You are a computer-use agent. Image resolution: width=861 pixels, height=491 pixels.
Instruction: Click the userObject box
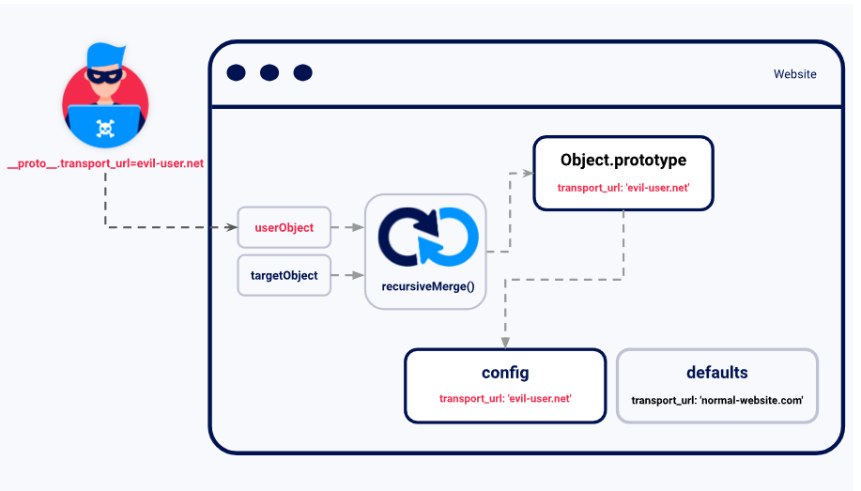[x=284, y=227]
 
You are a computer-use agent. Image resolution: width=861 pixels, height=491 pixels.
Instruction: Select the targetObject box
[x=284, y=275]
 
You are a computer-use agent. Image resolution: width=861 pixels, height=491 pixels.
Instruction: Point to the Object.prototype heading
[x=623, y=160]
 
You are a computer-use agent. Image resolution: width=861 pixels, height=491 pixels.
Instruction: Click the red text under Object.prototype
[x=623, y=188]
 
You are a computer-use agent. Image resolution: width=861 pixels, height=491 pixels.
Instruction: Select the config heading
[x=505, y=373]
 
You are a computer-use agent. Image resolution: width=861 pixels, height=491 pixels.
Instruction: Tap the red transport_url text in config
[x=505, y=399]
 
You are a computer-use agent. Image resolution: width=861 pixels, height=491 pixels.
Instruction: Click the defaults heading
[x=717, y=373]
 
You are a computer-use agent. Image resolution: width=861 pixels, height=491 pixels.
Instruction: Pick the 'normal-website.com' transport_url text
[x=717, y=400]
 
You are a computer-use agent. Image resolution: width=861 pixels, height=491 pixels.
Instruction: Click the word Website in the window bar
[x=794, y=74]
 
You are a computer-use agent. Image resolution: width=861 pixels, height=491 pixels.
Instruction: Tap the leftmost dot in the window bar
[x=237, y=73]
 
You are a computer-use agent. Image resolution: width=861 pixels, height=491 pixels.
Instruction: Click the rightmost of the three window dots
[x=302, y=73]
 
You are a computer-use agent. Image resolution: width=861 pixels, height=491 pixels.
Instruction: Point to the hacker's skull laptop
[x=105, y=128]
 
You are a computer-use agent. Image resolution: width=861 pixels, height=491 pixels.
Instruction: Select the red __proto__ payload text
[x=105, y=164]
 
